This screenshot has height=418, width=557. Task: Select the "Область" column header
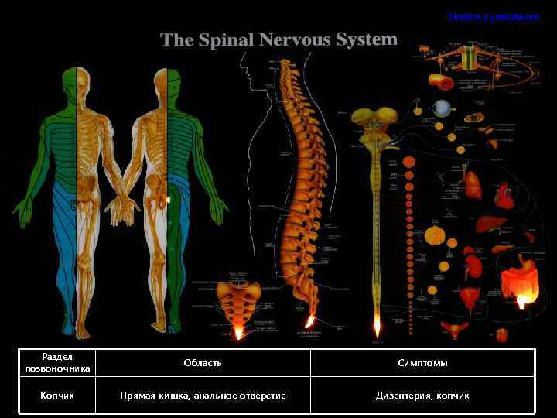(x=203, y=362)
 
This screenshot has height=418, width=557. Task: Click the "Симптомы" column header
(x=422, y=362)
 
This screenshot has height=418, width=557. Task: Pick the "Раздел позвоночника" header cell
(x=58, y=362)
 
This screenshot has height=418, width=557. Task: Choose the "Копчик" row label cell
(x=58, y=396)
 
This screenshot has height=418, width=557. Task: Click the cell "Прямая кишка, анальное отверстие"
(x=203, y=396)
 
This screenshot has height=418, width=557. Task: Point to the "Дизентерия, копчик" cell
(x=422, y=396)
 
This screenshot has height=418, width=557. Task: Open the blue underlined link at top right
(x=493, y=15)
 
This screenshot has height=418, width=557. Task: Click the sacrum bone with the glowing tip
(x=237, y=306)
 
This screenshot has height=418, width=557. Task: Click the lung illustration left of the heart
(x=473, y=183)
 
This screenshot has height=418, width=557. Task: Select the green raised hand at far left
(x=22, y=205)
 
